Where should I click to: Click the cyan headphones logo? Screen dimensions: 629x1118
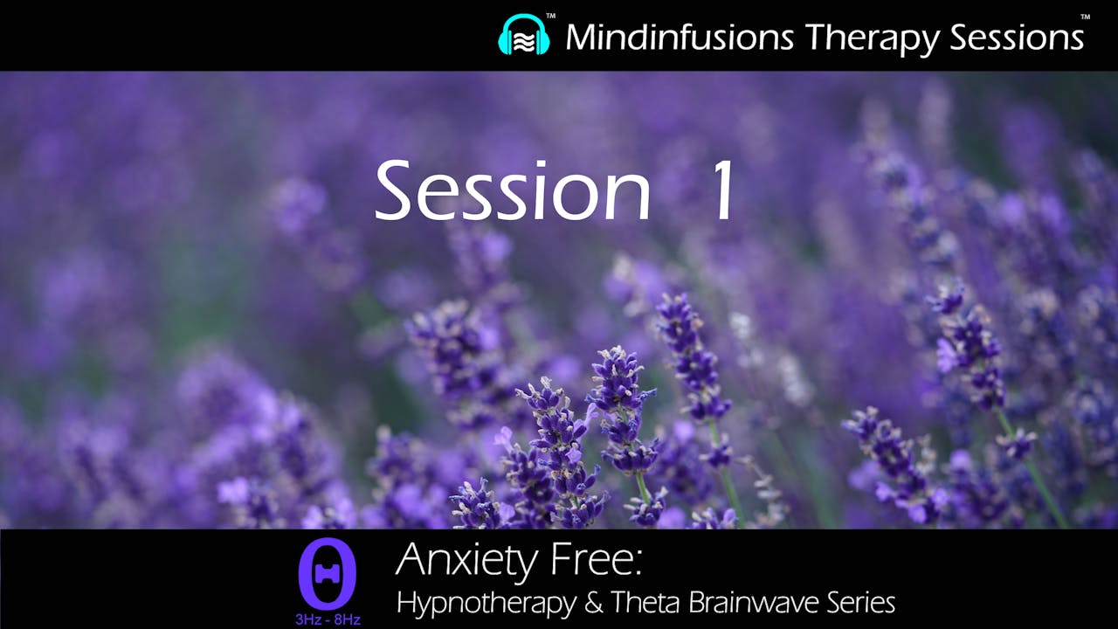(524, 36)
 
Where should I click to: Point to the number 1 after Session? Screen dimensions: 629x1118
(724, 190)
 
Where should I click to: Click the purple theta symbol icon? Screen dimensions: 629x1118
(328, 573)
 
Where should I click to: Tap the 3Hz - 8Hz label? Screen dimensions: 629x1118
(328, 620)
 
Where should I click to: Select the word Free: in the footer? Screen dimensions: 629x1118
(602, 559)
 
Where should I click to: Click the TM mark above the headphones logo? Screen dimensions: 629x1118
(550, 16)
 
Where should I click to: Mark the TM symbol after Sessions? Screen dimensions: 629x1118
(1085, 16)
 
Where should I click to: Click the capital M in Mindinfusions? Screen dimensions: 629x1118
(583, 37)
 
